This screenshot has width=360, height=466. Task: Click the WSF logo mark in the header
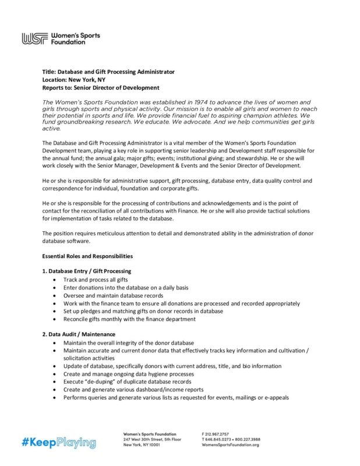point(34,39)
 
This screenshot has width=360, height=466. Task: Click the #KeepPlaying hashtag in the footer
point(59,442)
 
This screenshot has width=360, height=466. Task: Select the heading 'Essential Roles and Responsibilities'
point(87,256)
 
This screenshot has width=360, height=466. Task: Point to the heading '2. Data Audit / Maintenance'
point(79,334)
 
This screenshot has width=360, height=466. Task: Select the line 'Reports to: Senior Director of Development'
point(101,88)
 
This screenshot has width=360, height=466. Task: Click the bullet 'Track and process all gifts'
point(96,280)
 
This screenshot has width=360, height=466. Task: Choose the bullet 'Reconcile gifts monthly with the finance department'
point(129,319)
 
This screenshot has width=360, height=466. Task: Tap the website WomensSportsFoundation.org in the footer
point(231,444)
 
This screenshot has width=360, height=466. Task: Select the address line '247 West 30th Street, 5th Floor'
point(152,439)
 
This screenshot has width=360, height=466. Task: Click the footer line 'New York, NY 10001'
point(141,444)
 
